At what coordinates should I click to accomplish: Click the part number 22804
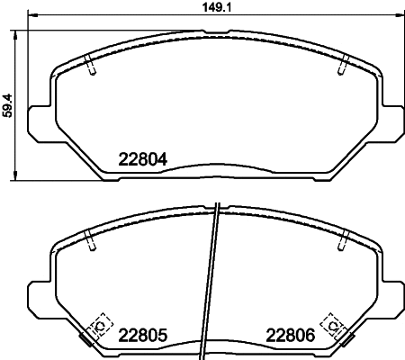(x=144, y=161)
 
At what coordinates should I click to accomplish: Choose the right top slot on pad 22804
(x=343, y=66)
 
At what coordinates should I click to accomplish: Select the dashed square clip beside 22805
(x=101, y=322)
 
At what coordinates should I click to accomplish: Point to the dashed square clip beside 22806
(x=332, y=322)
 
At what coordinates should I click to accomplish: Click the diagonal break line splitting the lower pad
(x=214, y=279)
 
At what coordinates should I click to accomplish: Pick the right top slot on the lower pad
(x=343, y=241)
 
